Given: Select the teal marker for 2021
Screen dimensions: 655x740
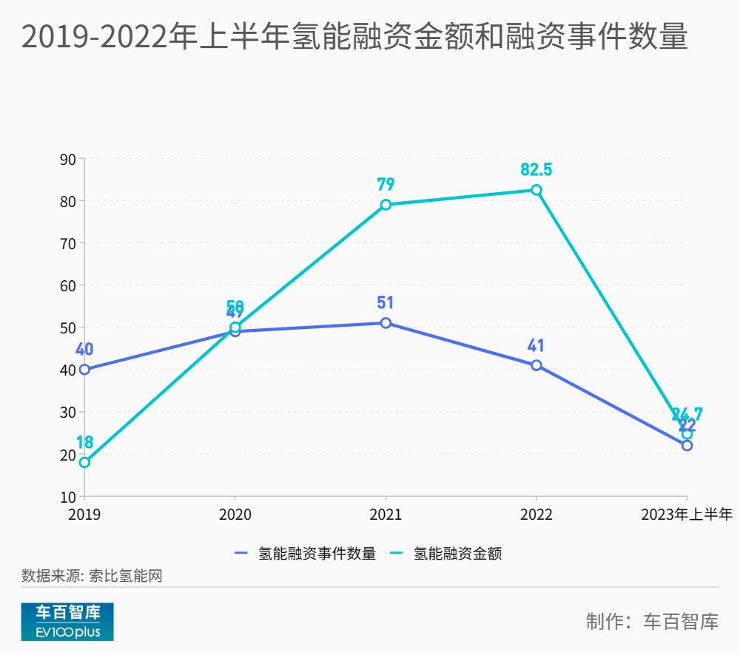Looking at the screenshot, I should [386, 205].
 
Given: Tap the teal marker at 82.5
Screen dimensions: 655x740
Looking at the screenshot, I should [536, 190].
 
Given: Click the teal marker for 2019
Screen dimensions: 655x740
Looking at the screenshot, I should [84, 462].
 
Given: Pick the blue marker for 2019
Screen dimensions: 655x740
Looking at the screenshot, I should [84, 370].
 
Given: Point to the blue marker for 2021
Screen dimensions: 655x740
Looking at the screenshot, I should [386, 323].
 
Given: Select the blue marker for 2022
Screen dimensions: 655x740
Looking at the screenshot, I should [536, 365].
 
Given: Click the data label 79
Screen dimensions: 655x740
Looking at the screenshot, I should [386, 184].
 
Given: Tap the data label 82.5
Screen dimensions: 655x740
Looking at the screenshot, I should [536, 169].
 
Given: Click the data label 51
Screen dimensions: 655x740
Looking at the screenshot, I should [386, 302].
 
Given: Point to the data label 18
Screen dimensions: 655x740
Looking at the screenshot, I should [84, 442].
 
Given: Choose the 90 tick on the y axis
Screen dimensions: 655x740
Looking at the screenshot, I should [68, 159].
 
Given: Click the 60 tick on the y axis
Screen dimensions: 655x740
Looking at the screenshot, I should [68, 285].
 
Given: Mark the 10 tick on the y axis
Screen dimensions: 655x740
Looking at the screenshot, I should [68, 496].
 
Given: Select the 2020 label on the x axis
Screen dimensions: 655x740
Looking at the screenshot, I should [235, 515].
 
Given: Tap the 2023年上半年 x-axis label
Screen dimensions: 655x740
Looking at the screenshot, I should [687, 515].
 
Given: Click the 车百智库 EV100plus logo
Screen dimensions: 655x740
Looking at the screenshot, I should [67, 622].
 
